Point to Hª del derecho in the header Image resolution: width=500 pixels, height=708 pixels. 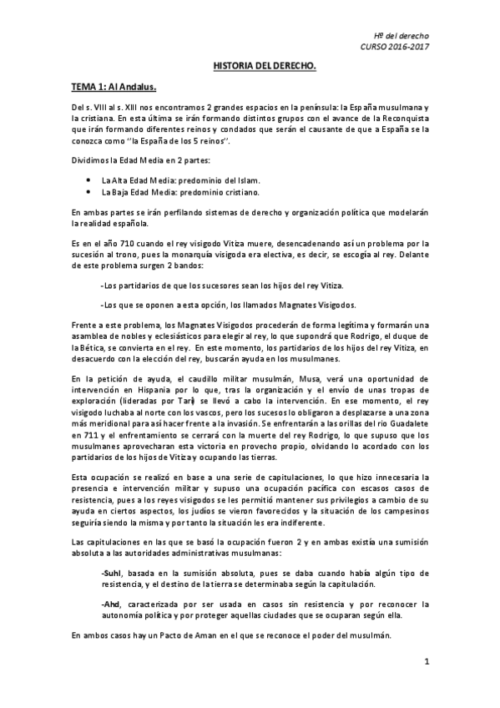[x=402, y=36]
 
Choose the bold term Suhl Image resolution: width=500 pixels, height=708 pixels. [x=111, y=574]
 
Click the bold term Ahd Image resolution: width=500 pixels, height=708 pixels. [x=110, y=604]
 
